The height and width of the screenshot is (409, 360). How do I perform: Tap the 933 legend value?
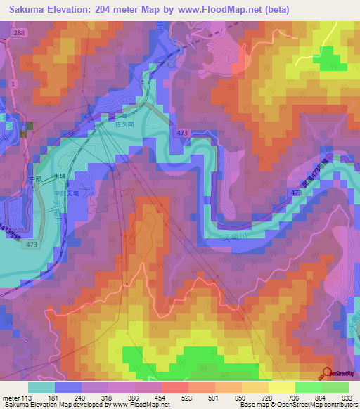346,398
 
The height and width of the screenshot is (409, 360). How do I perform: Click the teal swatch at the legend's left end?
41,387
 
